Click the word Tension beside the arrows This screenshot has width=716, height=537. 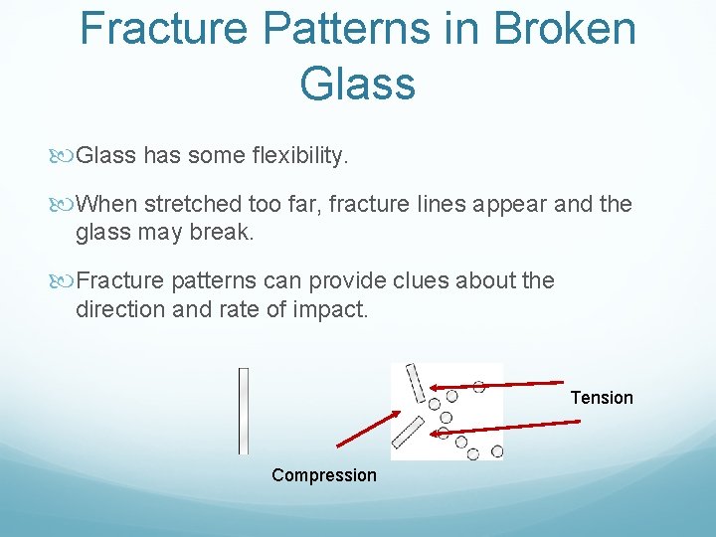pyautogui.click(x=601, y=398)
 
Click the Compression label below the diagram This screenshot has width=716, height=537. pyautogui.click(x=324, y=475)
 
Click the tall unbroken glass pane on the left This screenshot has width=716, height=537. pyautogui.click(x=243, y=411)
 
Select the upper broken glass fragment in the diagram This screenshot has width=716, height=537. pyautogui.click(x=415, y=384)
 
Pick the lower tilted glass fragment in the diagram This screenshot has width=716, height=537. pyautogui.click(x=409, y=431)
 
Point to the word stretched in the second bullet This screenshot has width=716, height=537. pyautogui.click(x=192, y=205)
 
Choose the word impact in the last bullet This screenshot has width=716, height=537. pyautogui.click(x=329, y=309)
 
